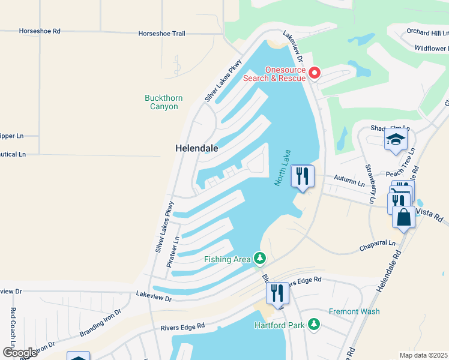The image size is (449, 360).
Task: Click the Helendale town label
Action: [x=196, y=148]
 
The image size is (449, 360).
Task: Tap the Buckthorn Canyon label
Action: [x=164, y=102]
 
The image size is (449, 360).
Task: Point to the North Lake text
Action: [x=282, y=167]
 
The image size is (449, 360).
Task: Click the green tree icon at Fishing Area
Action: [x=259, y=258]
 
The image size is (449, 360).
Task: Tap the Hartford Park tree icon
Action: [x=313, y=325]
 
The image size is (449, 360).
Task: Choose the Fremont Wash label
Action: [x=354, y=311]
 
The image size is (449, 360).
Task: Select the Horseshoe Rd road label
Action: [x=40, y=31]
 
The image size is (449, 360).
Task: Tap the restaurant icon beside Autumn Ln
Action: [x=302, y=176]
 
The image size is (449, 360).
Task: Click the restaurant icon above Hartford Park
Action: [x=277, y=293]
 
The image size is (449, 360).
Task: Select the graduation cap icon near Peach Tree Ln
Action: [x=396, y=140]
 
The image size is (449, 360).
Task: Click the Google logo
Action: [x=20, y=352]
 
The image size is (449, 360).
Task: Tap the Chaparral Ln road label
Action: [x=378, y=244]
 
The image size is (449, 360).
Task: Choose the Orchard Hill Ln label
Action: [x=427, y=32]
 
